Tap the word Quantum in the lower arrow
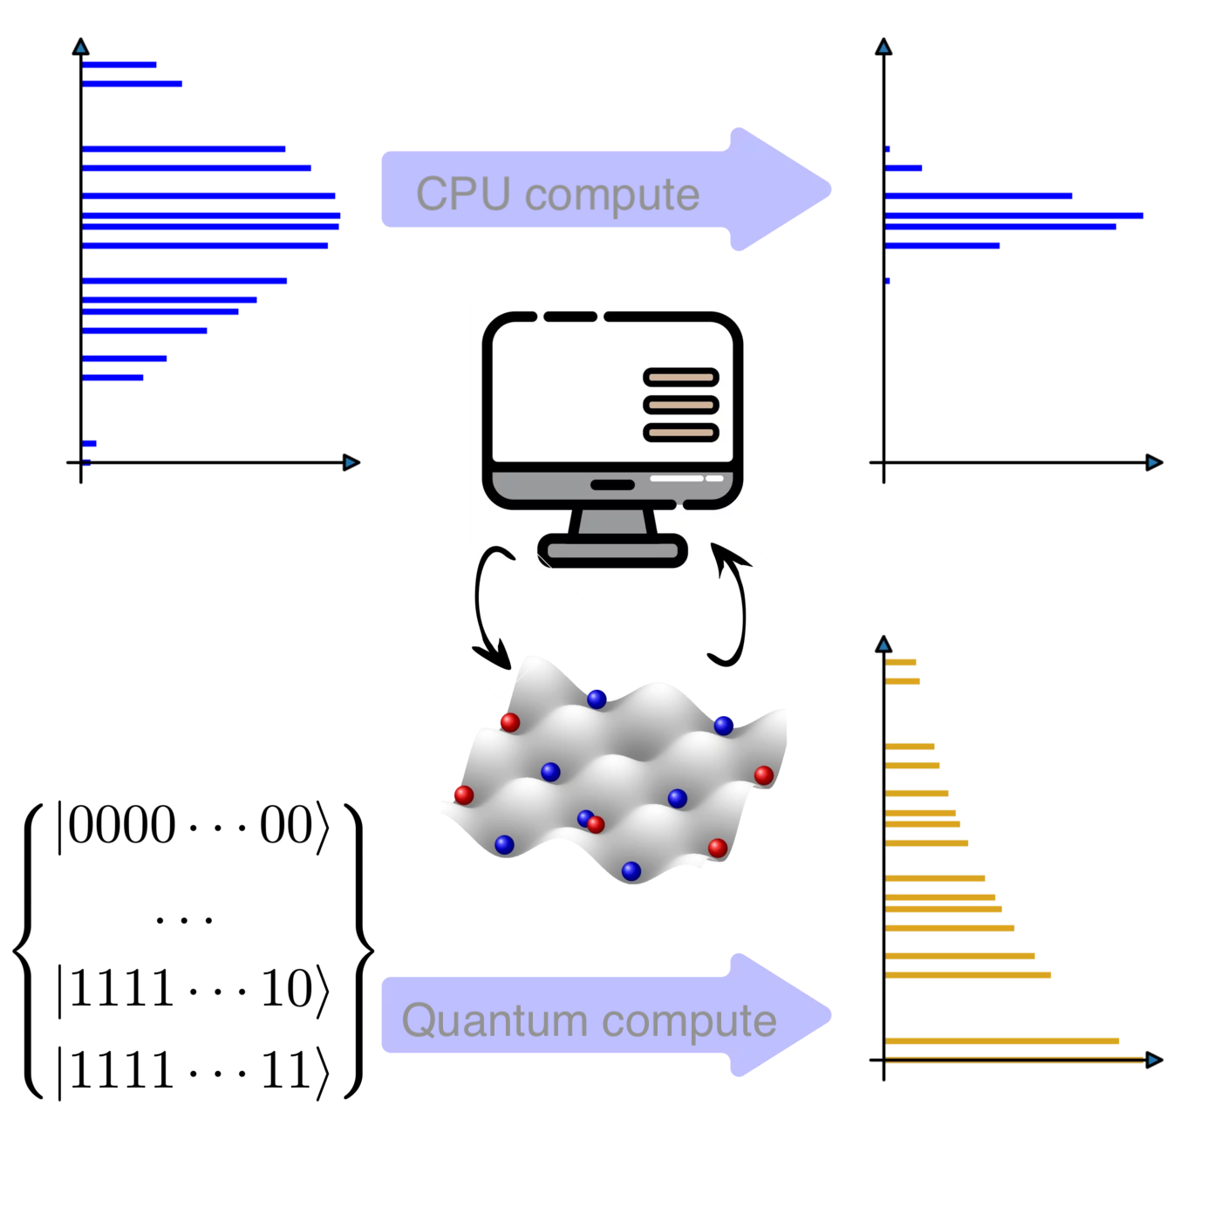[495, 1020]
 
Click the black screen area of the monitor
[568, 390]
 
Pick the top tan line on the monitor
[681, 378]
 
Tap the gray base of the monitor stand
[612, 550]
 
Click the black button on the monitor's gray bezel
[612, 485]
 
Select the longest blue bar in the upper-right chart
[1013, 215]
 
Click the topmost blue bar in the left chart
[119, 65]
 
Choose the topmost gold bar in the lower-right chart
[900, 662]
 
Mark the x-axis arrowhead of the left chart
[351, 462]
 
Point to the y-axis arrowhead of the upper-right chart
[883, 48]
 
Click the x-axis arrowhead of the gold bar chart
[1153, 1060]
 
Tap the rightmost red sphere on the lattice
[763, 775]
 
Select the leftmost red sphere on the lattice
[464, 795]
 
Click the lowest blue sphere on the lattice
[631, 870]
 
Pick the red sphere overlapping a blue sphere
[597, 824]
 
